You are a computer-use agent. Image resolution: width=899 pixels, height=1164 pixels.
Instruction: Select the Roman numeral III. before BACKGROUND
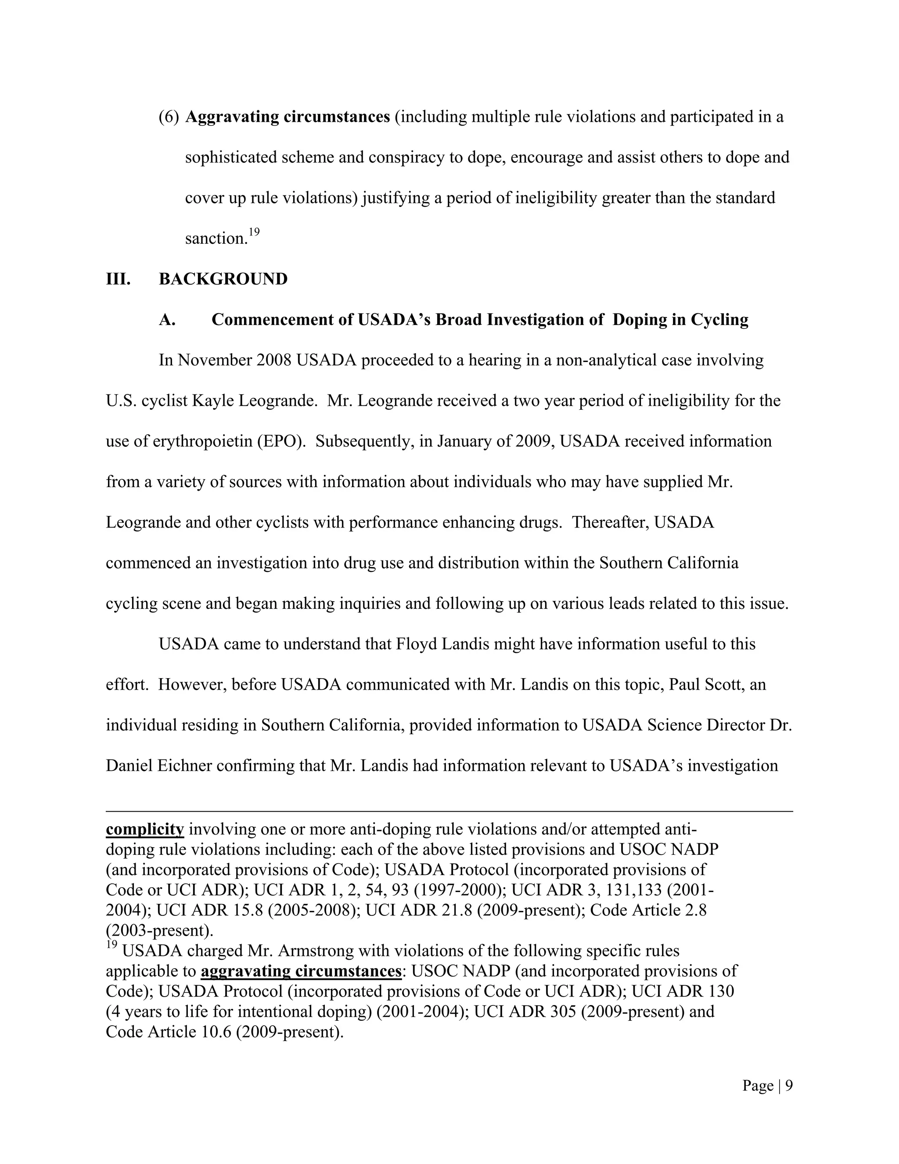coord(118,279)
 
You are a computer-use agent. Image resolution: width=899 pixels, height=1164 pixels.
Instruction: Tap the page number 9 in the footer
coord(789,1086)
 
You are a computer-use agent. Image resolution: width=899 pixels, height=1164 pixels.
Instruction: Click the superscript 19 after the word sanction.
coord(254,232)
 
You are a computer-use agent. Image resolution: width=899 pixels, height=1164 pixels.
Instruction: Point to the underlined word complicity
coord(145,829)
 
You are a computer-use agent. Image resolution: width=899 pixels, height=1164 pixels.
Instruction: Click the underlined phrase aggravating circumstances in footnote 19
coord(301,971)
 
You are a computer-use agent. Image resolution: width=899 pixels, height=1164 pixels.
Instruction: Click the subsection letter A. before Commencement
coord(167,319)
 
